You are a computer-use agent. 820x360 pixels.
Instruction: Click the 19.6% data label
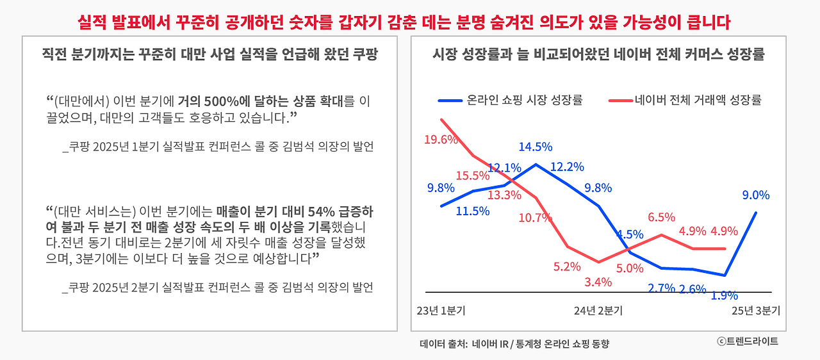pyautogui.click(x=440, y=139)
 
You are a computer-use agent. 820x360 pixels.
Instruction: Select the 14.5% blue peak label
pyautogui.click(x=536, y=147)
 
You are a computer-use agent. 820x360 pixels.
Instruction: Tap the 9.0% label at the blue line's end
pyautogui.click(x=756, y=195)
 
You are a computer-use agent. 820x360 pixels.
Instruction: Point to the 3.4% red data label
pyautogui.click(x=598, y=282)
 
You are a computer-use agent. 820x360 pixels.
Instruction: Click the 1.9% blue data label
pyautogui.click(x=725, y=295)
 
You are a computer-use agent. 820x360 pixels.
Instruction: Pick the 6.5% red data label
pyautogui.click(x=662, y=217)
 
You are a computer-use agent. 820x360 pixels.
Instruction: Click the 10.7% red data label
pyautogui.click(x=536, y=217)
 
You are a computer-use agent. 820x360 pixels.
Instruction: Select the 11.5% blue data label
pyautogui.click(x=473, y=210)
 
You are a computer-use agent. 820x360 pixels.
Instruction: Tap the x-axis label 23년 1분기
pyautogui.click(x=441, y=311)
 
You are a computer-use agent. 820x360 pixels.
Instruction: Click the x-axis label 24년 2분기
pyautogui.click(x=598, y=311)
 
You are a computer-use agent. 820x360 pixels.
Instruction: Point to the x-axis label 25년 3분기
pyautogui.click(x=756, y=311)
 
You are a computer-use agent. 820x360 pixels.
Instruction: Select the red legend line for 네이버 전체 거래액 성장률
pyautogui.click(x=619, y=101)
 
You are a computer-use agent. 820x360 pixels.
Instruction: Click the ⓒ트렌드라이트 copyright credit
pyautogui.click(x=747, y=341)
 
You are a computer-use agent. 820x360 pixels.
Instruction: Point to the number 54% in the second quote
pyautogui.click(x=322, y=211)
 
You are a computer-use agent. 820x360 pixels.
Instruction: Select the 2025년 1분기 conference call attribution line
pyautogui.click(x=218, y=147)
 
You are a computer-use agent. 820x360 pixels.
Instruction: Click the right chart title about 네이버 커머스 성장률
pyautogui.click(x=599, y=54)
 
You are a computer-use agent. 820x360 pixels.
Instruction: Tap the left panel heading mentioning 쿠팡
pyautogui.click(x=209, y=54)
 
